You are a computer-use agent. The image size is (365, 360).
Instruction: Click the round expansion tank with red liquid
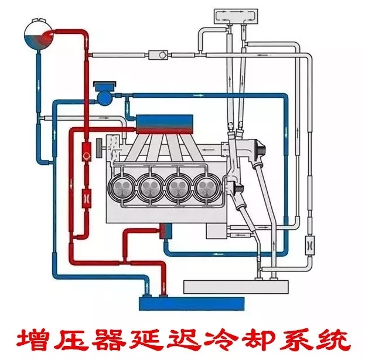tap(36, 35)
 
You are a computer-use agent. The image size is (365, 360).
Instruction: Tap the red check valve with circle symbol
tap(86, 155)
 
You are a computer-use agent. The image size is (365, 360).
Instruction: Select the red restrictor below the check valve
tap(86, 198)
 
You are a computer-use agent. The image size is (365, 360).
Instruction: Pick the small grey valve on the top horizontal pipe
tap(157, 55)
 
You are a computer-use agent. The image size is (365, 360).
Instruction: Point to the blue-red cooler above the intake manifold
tap(163, 122)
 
